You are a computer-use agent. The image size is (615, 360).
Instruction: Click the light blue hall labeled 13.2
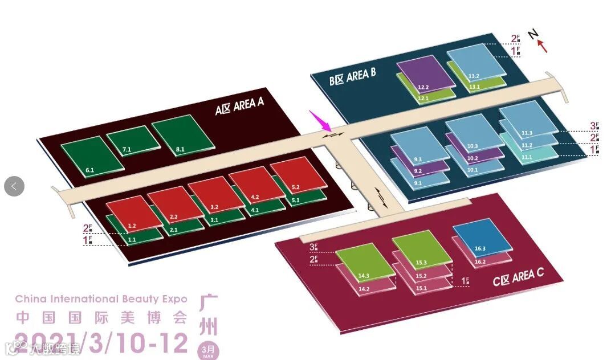pos(475,63)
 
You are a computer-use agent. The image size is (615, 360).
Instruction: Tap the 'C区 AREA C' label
pos(518,279)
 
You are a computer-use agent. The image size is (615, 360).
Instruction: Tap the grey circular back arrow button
pos(14,186)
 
